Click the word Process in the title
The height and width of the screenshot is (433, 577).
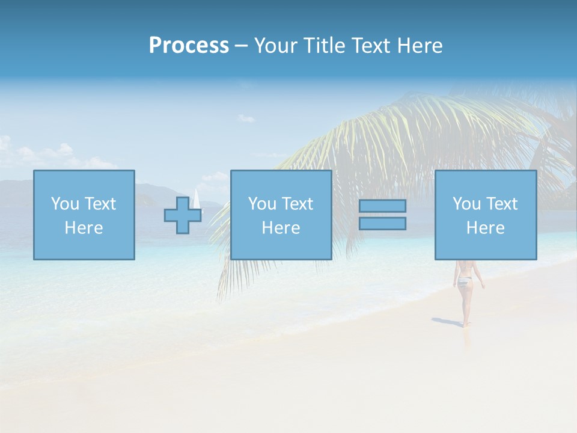[189, 46]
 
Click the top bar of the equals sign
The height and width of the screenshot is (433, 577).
[382, 206]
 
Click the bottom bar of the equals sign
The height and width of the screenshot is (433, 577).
[382, 223]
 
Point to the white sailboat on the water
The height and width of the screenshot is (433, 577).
[197, 200]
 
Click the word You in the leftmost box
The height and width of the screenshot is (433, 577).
[65, 204]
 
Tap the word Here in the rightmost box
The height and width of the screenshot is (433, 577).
[485, 228]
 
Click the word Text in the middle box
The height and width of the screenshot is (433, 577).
[297, 204]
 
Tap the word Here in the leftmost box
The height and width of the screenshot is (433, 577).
[84, 228]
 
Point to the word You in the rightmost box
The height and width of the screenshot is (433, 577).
[466, 204]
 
